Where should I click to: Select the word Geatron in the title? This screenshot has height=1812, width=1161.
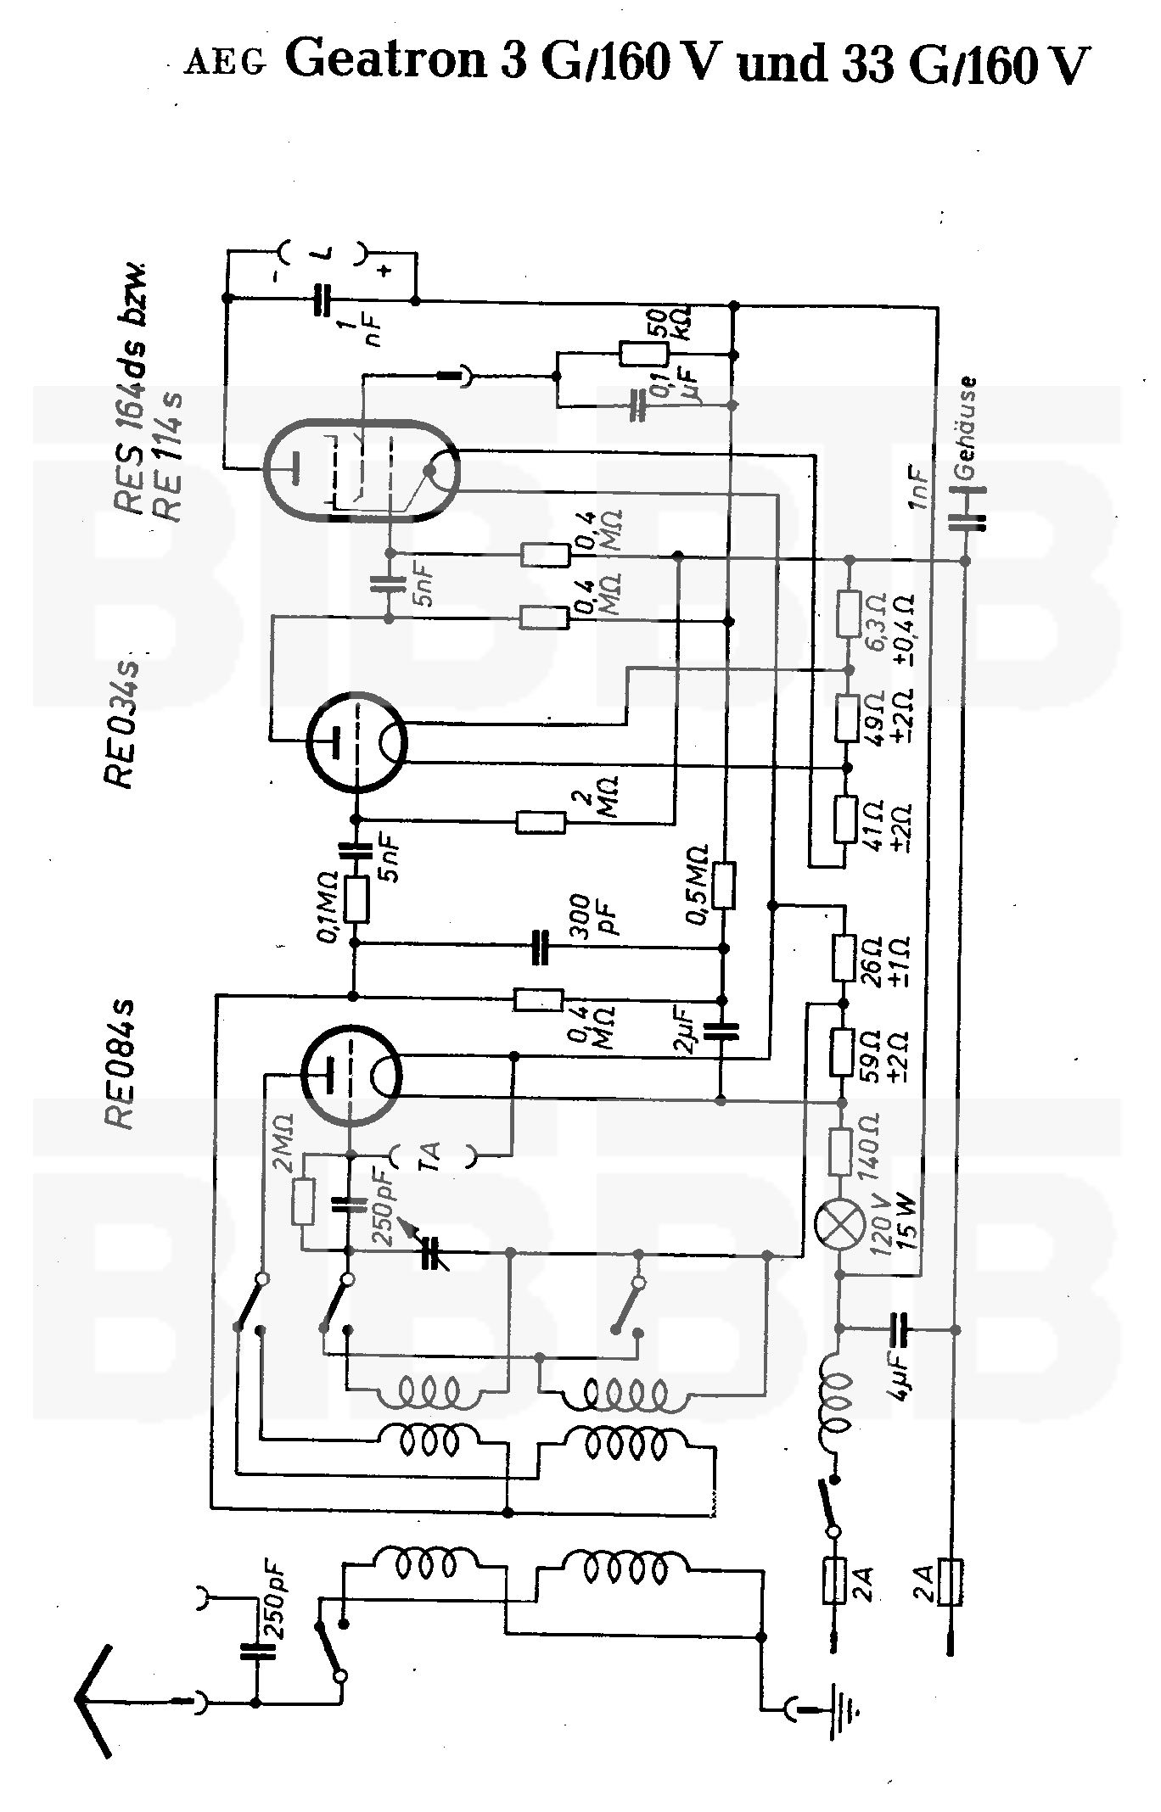388,61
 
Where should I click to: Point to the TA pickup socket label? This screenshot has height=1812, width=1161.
432,1155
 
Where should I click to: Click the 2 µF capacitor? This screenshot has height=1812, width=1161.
722,1031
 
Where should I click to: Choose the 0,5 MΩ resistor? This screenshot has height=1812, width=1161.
724,886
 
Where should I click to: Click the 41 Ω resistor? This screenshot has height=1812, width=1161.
845,819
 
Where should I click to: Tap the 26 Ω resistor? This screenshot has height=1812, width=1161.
843,958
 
